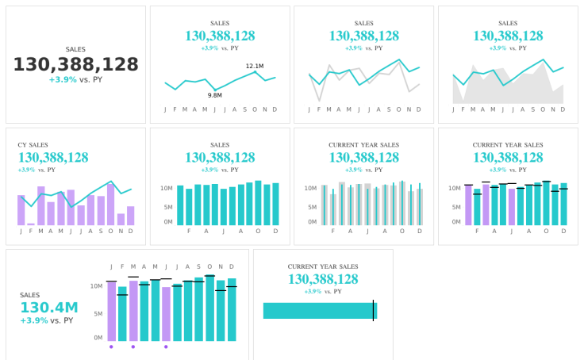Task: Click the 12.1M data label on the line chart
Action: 255,66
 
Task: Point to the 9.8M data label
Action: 215,95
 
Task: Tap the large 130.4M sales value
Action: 49,308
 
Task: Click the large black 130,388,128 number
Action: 75,65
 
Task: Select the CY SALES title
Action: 33,145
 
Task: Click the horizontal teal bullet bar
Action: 317,311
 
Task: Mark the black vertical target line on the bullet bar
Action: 373,311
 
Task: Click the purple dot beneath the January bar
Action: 111,347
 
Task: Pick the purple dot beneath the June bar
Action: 166,347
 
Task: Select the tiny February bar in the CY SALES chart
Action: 31,224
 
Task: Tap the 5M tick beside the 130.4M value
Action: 97,313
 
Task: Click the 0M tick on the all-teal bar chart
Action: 167,222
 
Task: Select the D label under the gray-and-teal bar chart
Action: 419,231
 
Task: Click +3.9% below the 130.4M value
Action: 34,320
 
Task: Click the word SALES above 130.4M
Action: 29,295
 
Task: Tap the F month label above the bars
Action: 122,266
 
